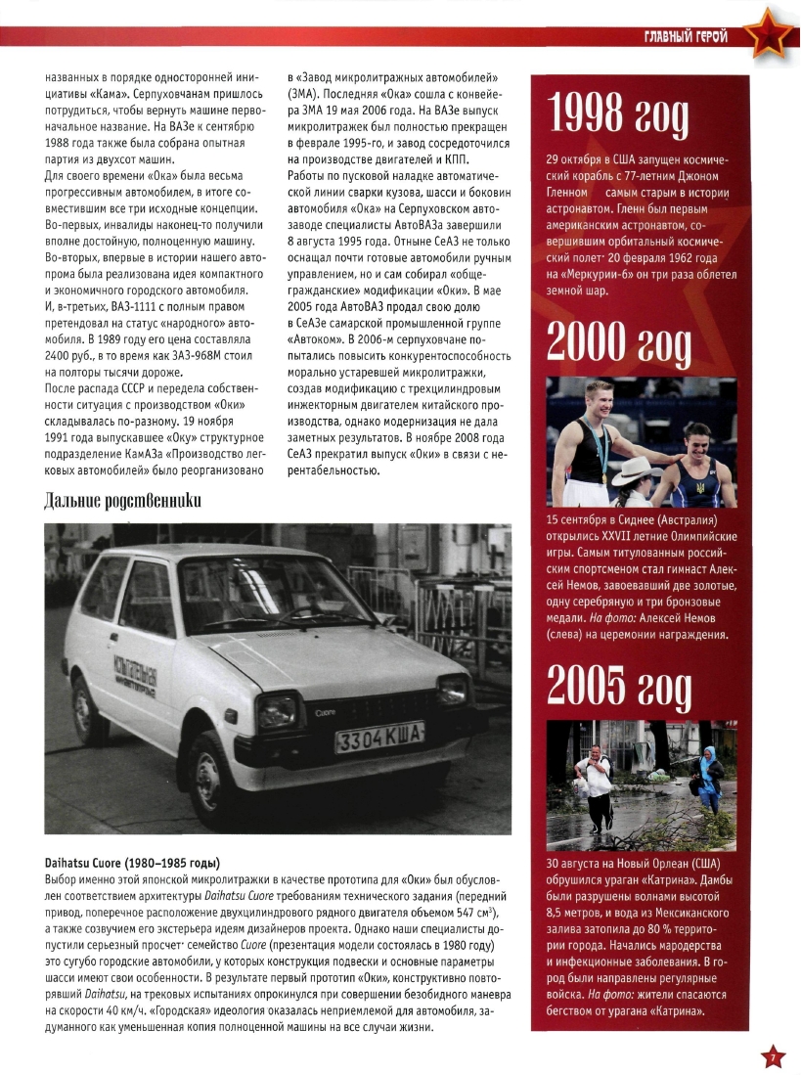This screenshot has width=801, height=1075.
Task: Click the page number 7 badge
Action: pos(772,1056)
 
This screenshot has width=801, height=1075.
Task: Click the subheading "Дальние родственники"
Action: pos(123,502)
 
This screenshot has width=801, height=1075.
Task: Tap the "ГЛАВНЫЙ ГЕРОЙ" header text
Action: pos(685,37)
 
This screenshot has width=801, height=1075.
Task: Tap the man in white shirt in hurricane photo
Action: pos(595,783)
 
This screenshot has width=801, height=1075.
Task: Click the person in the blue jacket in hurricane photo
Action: pos(707,768)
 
